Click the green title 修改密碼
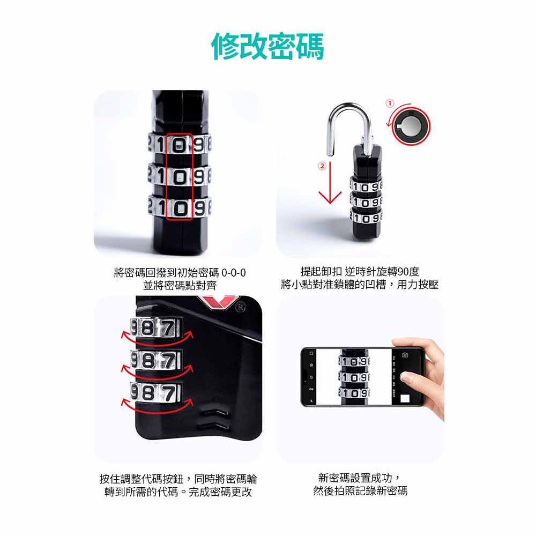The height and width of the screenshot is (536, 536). (x=267, y=47)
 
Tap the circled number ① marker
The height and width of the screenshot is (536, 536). (x=390, y=103)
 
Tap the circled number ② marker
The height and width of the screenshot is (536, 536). (x=322, y=166)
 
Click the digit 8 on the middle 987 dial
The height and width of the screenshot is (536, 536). (x=148, y=361)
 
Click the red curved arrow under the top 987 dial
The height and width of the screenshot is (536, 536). (x=157, y=342)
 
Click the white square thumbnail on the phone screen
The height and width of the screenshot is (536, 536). (x=405, y=399)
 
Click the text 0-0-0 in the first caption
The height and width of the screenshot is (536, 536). (x=234, y=273)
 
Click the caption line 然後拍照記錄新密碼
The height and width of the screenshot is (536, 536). (x=360, y=491)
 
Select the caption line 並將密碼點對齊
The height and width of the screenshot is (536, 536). (x=180, y=286)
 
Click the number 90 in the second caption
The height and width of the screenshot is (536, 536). (x=404, y=272)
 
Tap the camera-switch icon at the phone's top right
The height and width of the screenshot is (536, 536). (x=405, y=355)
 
